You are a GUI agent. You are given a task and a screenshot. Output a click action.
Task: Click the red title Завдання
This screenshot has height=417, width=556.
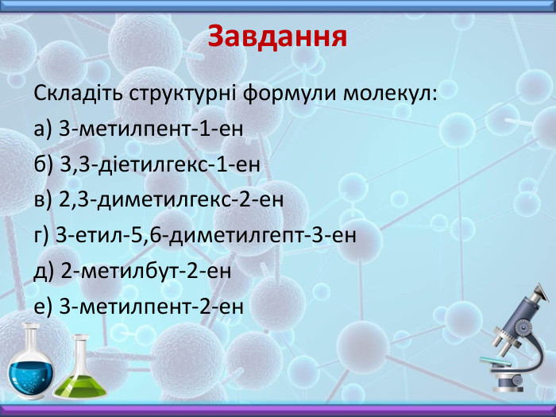point(277,37)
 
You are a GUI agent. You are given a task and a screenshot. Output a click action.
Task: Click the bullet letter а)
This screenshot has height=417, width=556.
point(43,129)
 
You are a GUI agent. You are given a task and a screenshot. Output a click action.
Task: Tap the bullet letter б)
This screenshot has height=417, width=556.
point(44,164)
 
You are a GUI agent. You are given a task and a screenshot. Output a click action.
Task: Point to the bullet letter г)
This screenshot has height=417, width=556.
point(42,235)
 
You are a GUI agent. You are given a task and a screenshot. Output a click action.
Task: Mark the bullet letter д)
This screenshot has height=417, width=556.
point(44,271)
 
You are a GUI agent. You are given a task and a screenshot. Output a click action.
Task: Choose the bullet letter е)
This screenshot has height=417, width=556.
point(43,307)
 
